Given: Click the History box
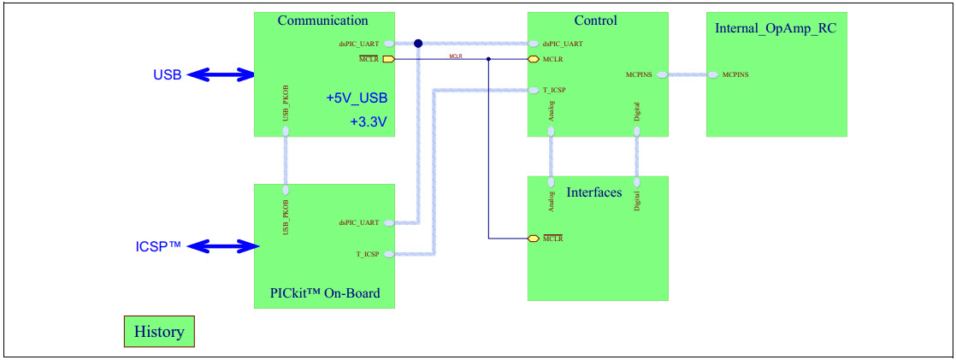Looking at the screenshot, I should [x=159, y=332].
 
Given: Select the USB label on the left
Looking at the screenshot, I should [x=167, y=74].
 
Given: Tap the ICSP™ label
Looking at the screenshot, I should [x=158, y=247].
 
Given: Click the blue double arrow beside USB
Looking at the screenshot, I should [x=221, y=74].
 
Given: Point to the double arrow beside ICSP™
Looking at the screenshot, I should [x=222, y=247].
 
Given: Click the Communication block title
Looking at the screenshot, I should [x=322, y=21].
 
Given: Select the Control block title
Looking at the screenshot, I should [x=595, y=21].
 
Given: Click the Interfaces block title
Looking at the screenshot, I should [x=593, y=192].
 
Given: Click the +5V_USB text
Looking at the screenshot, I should [x=357, y=98].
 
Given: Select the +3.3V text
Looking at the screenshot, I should [x=369, y=122].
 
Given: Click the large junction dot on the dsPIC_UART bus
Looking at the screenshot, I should [x=418, y=44].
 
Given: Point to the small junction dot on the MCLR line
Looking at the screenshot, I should [x=488, y=60].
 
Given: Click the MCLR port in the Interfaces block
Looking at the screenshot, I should [x=534, y=238].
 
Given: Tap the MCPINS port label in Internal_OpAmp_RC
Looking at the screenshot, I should [x=735, y=75].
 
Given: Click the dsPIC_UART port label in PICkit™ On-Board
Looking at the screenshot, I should [x=359, y=222].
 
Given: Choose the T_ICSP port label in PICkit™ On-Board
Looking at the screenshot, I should [x=368, y=253].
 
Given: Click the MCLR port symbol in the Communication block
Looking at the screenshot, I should [x=388, y=60].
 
